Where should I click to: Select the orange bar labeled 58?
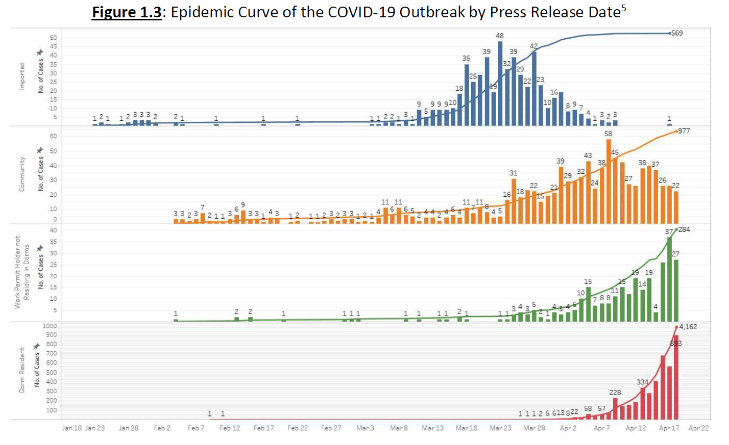tap(609, 181)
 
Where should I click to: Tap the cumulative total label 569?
tap(677, 33)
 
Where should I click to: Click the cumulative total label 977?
tap(684, 131)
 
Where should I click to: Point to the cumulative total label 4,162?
tap(688, 327)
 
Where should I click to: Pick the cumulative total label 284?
tap(684, 229)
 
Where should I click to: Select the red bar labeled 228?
tap(615, 408)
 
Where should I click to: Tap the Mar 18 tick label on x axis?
tap(467, 428)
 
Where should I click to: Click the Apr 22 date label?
tap(698, 428)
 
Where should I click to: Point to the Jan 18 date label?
tap(71, 428)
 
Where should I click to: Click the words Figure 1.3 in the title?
tap(127, 12)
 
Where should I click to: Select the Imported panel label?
tap(22, 76)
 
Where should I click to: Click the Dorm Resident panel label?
tap(22, 370)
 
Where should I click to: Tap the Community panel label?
tap(22, 174)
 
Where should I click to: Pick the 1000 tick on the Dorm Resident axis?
tap(50, 326)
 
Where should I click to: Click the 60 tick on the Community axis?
tap(53, 137)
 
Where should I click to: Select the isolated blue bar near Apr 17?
tap(669, 124)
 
